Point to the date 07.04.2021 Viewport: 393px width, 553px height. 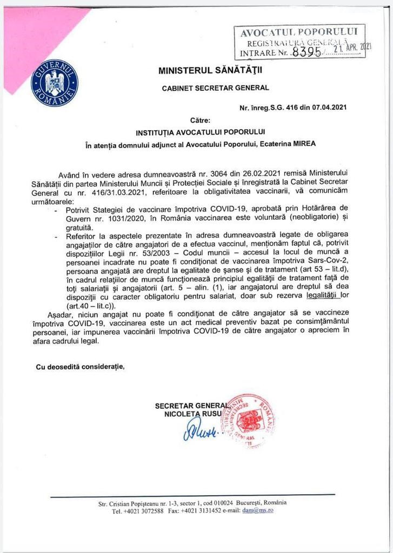coord(325,107)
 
